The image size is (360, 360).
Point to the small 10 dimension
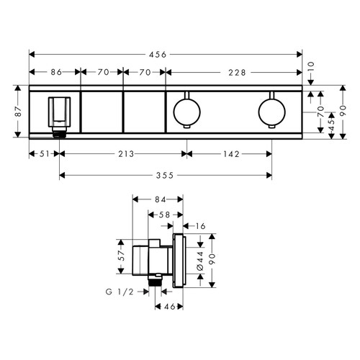pyautogui.click(x=312, y=65)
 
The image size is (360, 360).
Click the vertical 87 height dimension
pyautogui.click(x=19, y=112)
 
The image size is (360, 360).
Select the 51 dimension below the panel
pyautogui.click(x=43, y=153)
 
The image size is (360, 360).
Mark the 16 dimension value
pyautogui.click(x=200, y=226)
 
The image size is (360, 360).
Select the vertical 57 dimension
pyautogui.click(x=122, y=254)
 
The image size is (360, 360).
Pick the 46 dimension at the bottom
pyautogui.click(x=168, y=307)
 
